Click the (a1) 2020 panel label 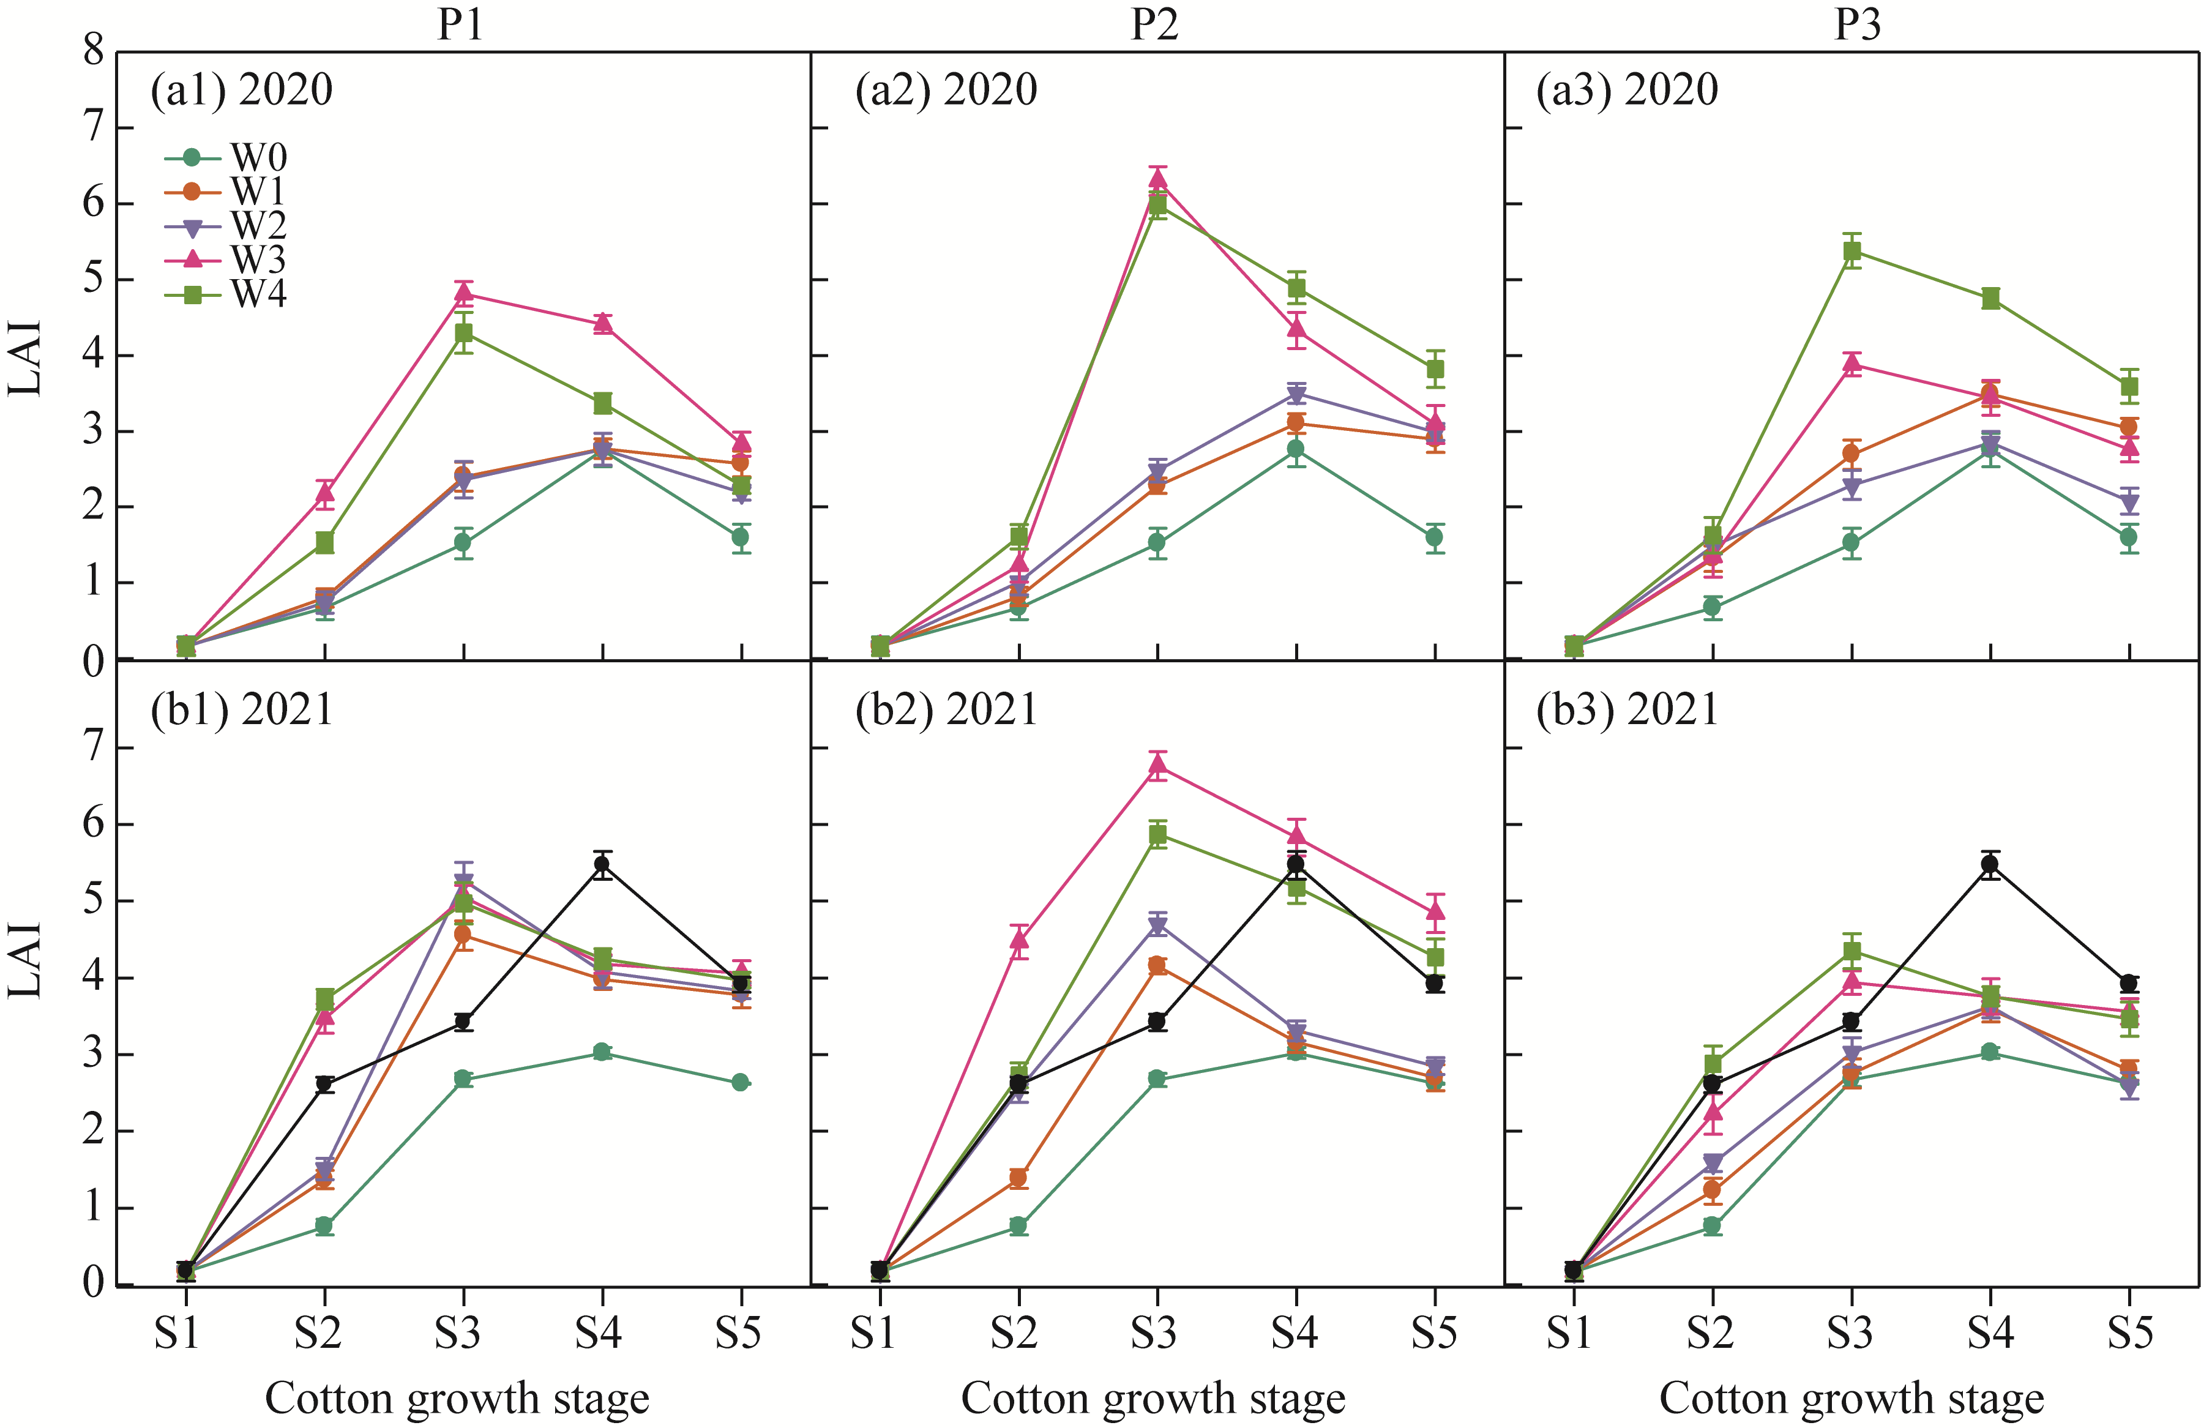pyautogui.click(x=241, y=91)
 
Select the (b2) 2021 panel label pyautogui.click(x=946, y=710)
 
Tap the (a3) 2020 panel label pyautogui.click(x=1627, y=91)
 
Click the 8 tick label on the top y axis pyautogui.click(x=94, y=51)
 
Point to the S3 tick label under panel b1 pyautogui.click(x=458, y=1333)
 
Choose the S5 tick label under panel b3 pyautogui.click(x=2130, y=1333)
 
